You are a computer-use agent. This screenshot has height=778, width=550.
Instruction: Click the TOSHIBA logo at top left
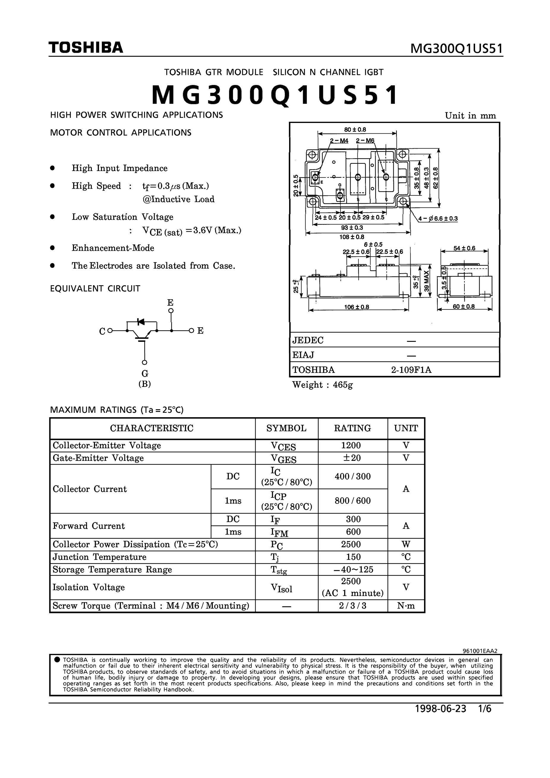pos(86,48)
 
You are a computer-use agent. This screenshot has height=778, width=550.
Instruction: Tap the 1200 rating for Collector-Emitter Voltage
pos(352,445)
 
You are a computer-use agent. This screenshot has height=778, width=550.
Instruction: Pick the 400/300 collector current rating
pos(352,476)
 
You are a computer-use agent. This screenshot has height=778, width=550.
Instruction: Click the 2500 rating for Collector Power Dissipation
pos(352,544)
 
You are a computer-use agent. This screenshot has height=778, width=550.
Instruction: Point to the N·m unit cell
pos(406,605)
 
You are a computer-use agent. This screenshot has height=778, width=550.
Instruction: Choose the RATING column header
pos(352,428)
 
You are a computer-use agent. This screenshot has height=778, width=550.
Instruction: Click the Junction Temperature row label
pos(99,557)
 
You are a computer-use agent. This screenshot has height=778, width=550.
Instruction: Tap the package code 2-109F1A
pos(411,370)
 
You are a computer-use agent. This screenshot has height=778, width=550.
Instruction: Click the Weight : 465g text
pos(322,385)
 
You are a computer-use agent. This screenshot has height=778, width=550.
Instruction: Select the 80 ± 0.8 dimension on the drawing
pos(355,129)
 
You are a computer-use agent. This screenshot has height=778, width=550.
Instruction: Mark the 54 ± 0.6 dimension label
pos(464,248)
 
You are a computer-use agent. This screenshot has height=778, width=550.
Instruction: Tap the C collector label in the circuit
pos(102,331)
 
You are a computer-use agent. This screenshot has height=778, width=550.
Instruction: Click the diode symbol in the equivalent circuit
pos(140,321)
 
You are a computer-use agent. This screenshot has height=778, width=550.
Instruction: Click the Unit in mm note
pos(470,116)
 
